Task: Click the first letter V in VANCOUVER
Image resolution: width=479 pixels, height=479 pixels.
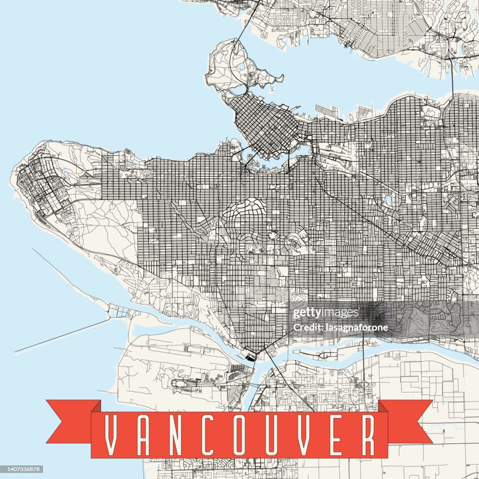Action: tap(111, 435)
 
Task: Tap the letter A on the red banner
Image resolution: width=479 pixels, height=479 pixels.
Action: tap(142, 435)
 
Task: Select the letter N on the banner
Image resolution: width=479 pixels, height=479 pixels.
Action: tap(175, 435)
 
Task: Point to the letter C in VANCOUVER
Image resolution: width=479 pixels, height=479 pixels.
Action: tap(208, 435)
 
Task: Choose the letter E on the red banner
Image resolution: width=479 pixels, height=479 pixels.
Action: tap(336, 435)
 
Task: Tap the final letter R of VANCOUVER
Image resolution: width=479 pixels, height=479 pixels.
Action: tap(368, 435)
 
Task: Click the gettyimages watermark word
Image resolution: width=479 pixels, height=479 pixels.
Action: tap(325, 313)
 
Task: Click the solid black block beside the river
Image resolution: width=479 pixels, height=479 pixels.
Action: tap(251, 358)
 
